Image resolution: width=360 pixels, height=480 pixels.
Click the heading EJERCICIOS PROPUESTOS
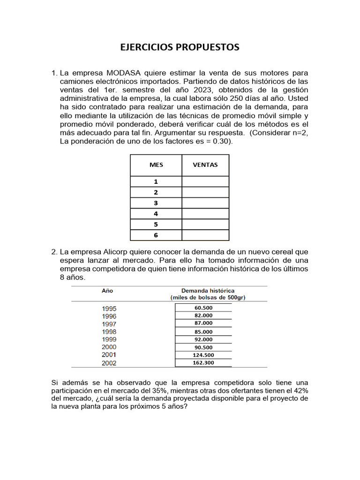(180, 47)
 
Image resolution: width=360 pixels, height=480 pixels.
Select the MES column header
(156, 165)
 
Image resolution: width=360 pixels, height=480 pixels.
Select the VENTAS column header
(205, 165)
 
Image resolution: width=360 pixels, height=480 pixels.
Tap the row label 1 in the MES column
(156, 182)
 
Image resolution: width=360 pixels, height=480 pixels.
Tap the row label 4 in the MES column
(156, 214)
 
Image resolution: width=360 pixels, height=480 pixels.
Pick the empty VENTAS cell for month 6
(205, 235)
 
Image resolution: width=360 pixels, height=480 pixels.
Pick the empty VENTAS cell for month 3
(205, 203)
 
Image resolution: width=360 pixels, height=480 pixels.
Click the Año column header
(107, 291)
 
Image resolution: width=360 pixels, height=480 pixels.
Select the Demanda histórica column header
(208, 291)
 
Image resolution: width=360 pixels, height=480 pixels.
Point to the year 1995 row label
(109, 308)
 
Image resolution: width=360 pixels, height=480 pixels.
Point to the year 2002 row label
(109, 363)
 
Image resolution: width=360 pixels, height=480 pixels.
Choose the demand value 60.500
(203, 307)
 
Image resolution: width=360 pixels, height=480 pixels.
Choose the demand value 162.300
(203, 362)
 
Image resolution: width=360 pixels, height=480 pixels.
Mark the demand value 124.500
(203, 355)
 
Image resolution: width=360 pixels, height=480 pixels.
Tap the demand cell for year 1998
(203, 331)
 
